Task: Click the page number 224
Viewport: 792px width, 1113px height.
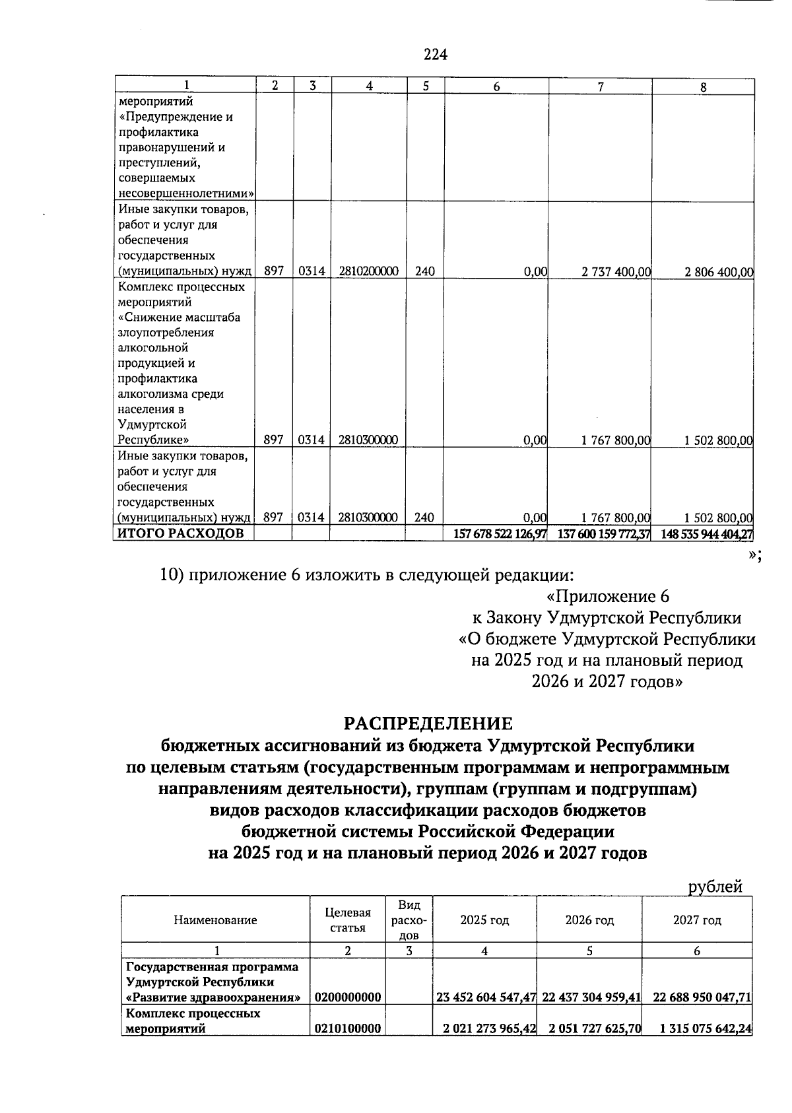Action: pos(436,55)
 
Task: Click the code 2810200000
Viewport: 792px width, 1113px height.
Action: pos(368,271)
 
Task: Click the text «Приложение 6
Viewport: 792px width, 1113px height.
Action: pos(608,597)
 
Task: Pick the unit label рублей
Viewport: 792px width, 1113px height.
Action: pos(715,887)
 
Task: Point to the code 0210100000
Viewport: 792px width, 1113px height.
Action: pos(348,1029)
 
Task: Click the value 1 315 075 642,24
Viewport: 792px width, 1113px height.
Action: pos(702,1029)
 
